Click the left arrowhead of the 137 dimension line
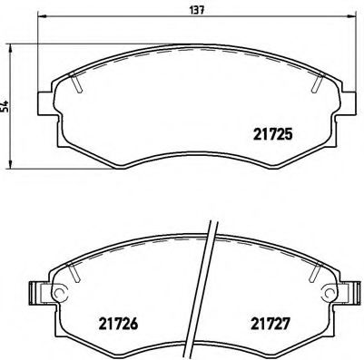pyautogui.click(x=42, y=17)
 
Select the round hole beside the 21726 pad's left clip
pyautogui.click(x=60, y=292)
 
